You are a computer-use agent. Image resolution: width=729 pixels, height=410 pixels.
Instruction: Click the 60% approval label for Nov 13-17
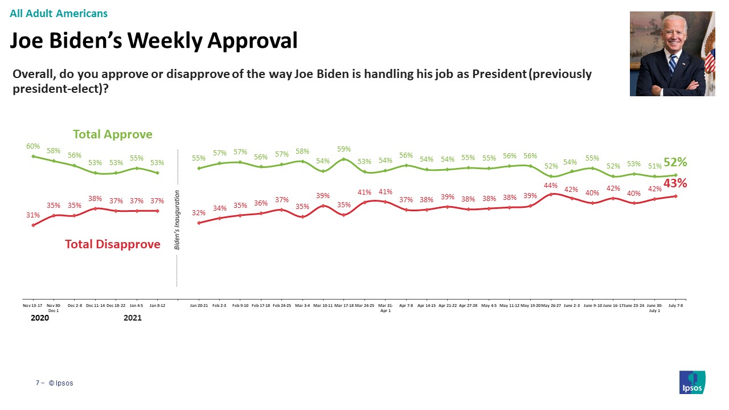click(33, 146)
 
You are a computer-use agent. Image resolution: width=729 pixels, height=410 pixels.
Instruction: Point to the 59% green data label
click(344, 149)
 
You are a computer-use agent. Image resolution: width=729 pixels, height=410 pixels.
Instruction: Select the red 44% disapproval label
click(551, 185)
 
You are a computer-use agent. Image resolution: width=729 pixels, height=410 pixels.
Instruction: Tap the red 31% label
click(33, 215)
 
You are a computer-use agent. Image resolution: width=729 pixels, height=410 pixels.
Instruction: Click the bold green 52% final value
click(675, 162)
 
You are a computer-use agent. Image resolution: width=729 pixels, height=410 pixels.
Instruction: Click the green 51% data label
click(654, 166)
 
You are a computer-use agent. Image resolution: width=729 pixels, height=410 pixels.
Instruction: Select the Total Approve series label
click(113, 134)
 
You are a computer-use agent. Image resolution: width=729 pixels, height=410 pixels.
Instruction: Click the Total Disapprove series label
click(113, 244)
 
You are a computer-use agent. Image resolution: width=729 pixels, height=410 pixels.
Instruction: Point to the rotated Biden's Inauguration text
click(177, 220)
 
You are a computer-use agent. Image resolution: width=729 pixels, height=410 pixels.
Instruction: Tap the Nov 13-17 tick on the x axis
click(33, 306)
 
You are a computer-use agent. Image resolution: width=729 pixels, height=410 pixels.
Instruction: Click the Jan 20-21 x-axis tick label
click(199, 306)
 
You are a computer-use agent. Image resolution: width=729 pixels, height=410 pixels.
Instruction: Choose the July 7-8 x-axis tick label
click(675, 306)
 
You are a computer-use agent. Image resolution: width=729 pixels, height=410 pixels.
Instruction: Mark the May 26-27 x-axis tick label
click(551, 306)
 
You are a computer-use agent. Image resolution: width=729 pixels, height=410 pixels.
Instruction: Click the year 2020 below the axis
click(39, 318)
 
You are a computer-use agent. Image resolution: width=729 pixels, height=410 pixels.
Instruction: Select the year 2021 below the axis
click(132, 318)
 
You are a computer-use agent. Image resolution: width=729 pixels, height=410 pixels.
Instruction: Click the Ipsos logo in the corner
click(693, 382)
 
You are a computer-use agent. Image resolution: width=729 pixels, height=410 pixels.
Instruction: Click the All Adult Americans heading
click(59, 13)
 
